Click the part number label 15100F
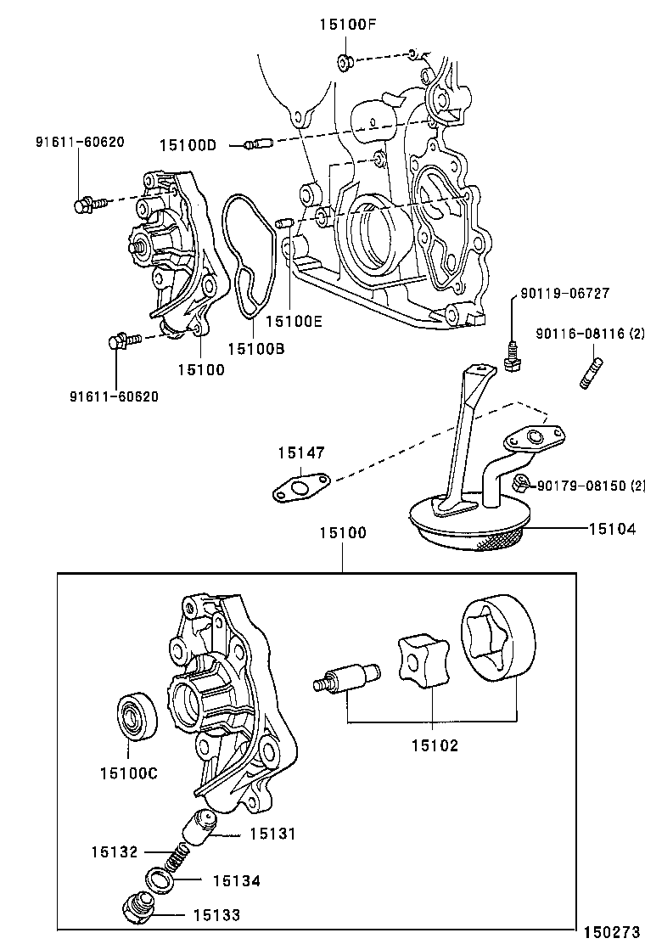(346, 24)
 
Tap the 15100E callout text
(293, 322)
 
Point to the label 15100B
(255, 347)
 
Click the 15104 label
(612, 528)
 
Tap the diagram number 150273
(610, 931)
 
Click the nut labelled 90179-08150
(522, 484)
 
